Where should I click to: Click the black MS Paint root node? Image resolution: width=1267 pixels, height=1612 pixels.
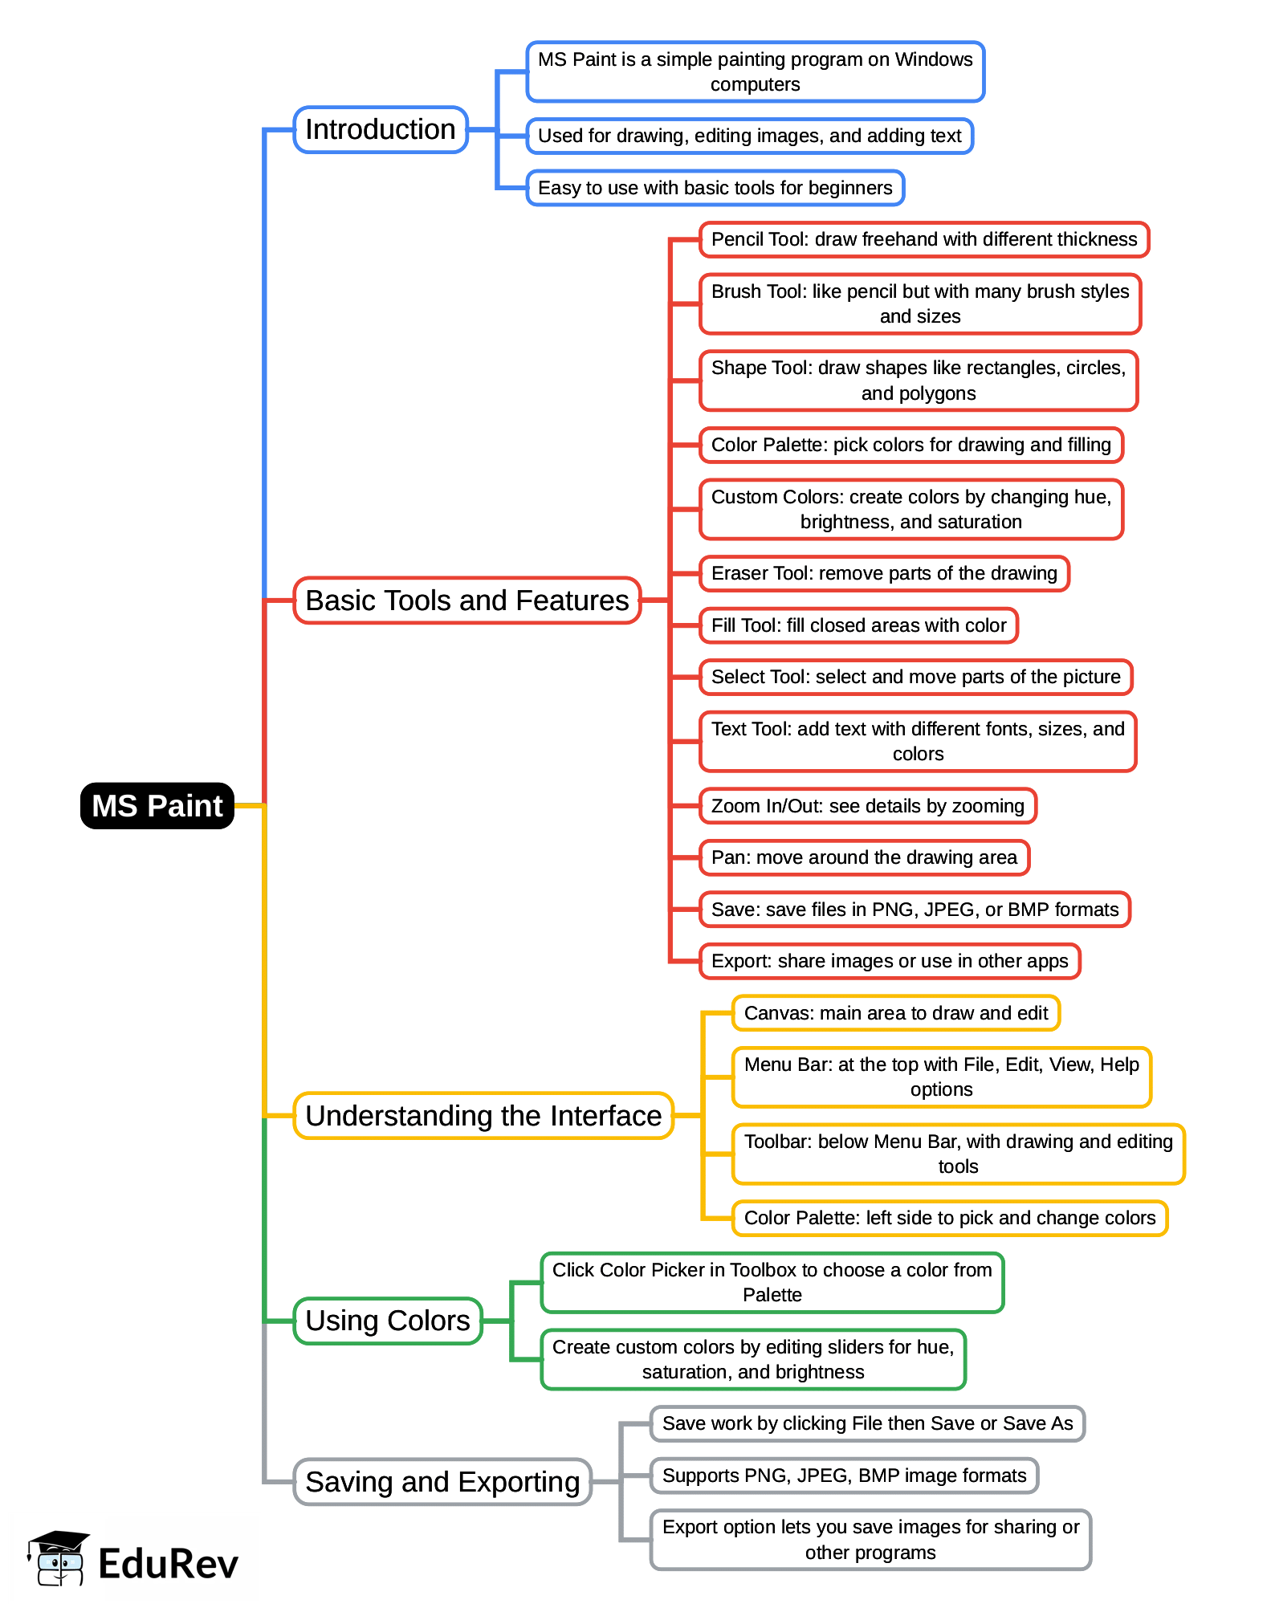157,806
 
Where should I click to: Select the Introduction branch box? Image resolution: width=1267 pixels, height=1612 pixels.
380,129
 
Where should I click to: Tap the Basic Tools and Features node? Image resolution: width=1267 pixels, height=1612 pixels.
466,600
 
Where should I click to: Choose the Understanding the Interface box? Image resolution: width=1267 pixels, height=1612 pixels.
483,1116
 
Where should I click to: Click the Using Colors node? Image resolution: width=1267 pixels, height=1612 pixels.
387,1321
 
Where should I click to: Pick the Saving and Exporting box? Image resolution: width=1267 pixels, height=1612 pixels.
442,1482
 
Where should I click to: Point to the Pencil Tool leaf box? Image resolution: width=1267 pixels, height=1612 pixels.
923,239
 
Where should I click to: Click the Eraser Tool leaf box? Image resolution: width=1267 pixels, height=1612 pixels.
883,573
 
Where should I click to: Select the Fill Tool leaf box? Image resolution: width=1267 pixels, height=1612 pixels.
858,625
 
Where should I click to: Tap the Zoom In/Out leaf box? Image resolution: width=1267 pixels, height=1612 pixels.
867,806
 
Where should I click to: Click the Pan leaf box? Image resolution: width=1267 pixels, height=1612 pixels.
863,857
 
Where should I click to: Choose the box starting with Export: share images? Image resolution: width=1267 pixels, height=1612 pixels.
889,961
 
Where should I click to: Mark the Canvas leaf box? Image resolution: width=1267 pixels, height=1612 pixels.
895,1013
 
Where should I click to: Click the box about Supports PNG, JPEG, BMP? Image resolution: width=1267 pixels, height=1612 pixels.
843,1476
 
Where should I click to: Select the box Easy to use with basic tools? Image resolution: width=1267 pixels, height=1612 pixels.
715,188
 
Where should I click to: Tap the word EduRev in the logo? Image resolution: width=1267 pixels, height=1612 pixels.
168,1564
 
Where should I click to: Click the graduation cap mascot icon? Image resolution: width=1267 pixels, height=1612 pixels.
58,1557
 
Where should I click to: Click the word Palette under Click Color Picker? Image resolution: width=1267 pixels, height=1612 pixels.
772,1295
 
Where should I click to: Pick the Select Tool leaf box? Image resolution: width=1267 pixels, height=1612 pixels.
915,677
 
